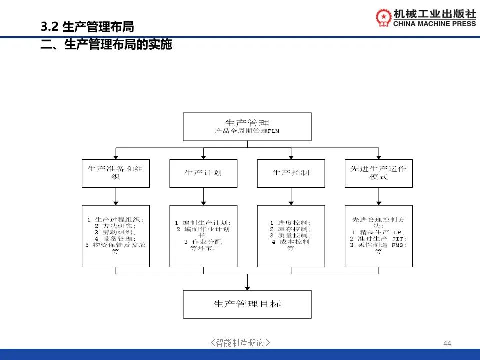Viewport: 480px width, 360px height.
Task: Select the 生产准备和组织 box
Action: pyautogui.click(x=115, y=173)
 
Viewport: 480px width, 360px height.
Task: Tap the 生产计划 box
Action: pyautogui.click(x=203, y=173)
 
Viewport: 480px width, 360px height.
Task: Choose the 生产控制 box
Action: pyautogui.click(x=291, y=173)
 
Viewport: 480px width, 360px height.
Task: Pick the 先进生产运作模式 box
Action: pyautogui.click(x=378, y=173)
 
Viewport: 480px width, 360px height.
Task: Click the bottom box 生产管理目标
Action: pyautogui.click(x=247, y=304)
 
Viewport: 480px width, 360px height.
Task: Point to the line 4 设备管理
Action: pyautogui.click(x=115, y=239)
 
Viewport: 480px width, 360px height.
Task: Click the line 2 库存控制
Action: pyautogui.click(x=291, y=229)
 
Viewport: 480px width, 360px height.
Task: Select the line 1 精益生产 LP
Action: pyautogui.click(x=378, y=232)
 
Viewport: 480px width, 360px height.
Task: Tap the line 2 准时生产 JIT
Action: pyautogui.click(x=378, y=239)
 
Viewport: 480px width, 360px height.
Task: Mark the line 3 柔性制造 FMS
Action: pyautogui.click(x=378, y=245)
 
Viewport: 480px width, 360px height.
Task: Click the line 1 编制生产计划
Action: pyautogui.click(x=203, y=223)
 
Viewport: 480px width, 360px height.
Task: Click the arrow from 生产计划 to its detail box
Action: pyautogui.click(x=203, y=198)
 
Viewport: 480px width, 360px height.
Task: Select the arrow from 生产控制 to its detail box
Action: pyautogui.click(x=291, y=198)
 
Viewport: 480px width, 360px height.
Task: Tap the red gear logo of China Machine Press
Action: pyautogui.click(x=384, y=18)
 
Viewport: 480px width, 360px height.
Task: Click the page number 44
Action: pyautogui.click(x=447, y=343)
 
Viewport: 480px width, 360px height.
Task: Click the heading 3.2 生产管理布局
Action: pyautogui.click(x=87, y=27)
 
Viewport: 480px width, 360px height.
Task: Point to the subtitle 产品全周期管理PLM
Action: pyautogui.click(x=247, y=132)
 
